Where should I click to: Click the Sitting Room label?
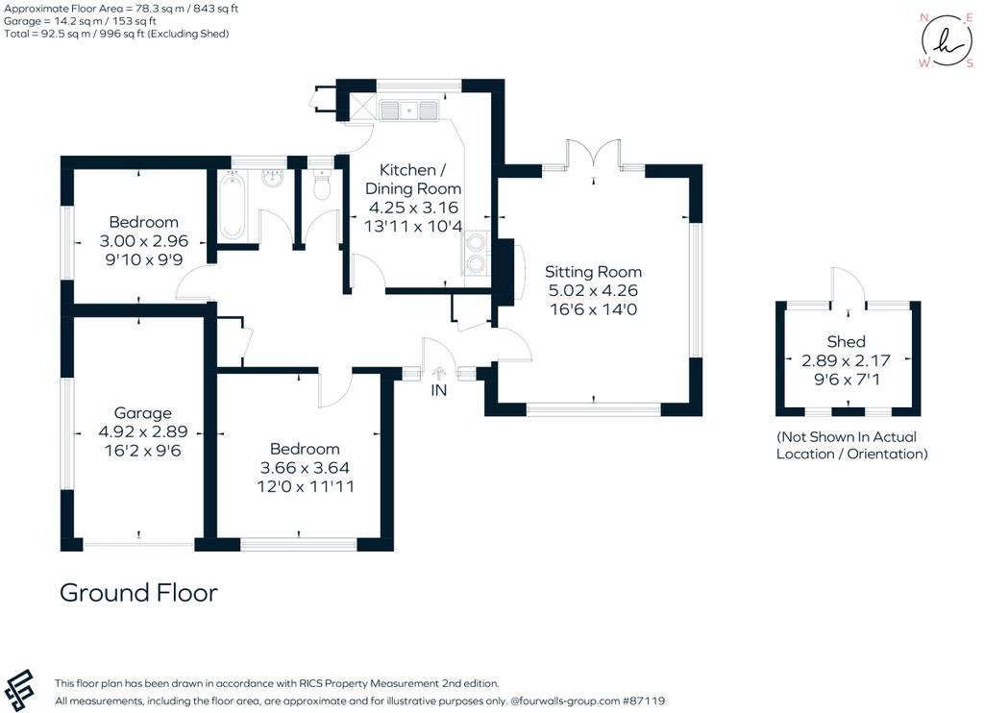(x=593, y=272)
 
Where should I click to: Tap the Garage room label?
(x=142, y=413)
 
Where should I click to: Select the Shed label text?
(x=846, y=341)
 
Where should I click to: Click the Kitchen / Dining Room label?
(x=413, y=179)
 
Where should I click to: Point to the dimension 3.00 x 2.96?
(x=144, y=240)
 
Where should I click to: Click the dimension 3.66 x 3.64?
(x=305, y=468)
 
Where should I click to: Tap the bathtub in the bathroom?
(x=233, y=206)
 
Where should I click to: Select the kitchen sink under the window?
(x=408, y=110)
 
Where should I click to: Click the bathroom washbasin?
(x=272, y=179)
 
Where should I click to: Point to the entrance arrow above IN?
(x=438, y=374)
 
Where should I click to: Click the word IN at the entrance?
(x=438, y=390)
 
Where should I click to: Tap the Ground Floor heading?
(x=138, y=593)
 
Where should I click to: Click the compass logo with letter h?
(x=947, y=40)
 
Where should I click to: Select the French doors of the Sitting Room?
(x=594, y=155)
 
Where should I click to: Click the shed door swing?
(x=848, y=286)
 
